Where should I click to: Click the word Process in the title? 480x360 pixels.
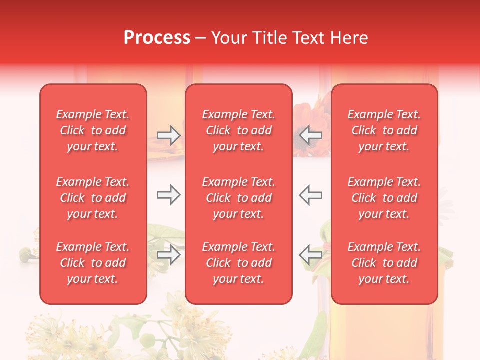click(157, 38)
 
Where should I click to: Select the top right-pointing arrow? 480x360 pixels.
click(168, 135)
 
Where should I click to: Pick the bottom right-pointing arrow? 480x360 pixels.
click(168, 255)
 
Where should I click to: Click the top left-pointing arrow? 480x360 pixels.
click(310, 135)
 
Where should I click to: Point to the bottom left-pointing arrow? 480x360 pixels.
click(310, 254)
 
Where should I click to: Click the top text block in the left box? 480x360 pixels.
click(93, 130)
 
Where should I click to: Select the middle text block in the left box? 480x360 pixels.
click(93, 198)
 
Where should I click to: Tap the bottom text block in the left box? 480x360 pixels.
click(93, 263)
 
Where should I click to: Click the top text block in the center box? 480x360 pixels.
click(239, 130)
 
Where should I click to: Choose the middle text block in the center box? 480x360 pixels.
click(239, 198)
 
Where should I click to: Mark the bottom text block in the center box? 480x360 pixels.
click(239, 263)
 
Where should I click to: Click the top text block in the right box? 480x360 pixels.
click(384, 130)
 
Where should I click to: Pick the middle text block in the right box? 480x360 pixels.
click(384, 198)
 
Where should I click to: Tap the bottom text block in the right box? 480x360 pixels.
click(384, 263)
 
